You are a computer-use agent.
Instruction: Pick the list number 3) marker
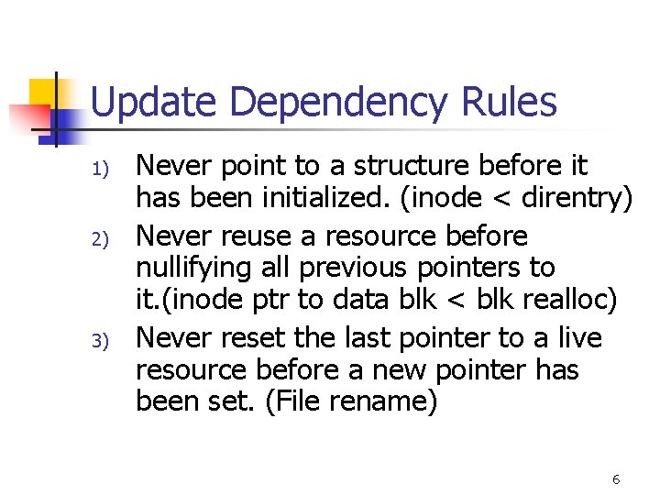click(102, 341)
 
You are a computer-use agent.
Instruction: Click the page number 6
click(616, 479)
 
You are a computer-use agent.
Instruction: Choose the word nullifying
click(192, 268)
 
